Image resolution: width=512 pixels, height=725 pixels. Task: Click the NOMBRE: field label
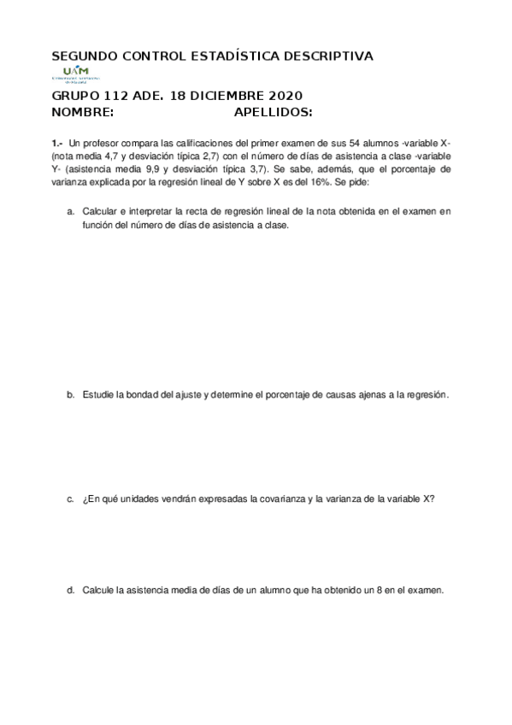click(x=82, y=112)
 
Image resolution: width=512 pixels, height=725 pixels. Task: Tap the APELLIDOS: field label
click(x=273, y=112)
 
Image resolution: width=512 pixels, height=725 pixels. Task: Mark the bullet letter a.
click(x=70, y=210)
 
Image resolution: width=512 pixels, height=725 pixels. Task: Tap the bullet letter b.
click(x=70, y=395)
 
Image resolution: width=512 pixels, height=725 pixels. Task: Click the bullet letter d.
click(x=70, y=591)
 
